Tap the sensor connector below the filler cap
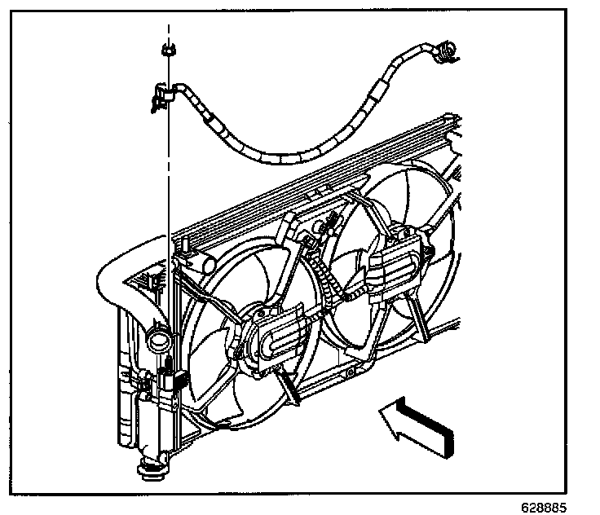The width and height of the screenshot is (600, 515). coord(171,379)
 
